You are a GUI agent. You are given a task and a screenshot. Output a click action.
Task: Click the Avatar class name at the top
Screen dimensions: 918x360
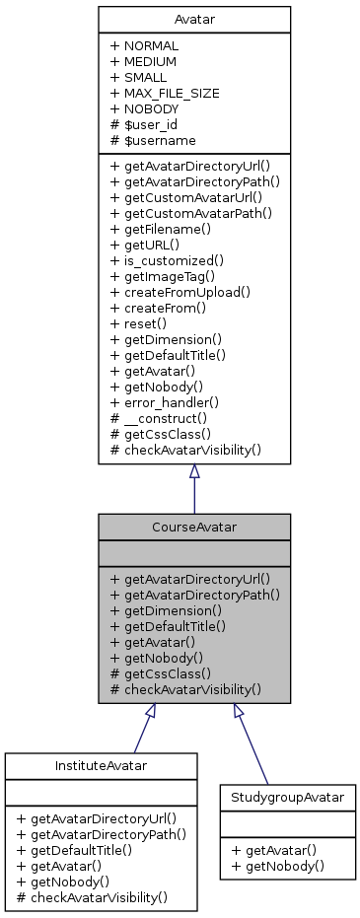point(193,20)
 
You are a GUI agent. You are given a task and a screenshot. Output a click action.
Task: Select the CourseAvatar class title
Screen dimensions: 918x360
point(193,527)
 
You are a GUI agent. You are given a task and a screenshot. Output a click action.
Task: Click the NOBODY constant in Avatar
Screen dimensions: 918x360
point(151,108)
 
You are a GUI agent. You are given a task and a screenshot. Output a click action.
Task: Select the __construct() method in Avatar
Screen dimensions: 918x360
point(166,418)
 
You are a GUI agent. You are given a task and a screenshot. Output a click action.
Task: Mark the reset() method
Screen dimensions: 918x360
point(145,323)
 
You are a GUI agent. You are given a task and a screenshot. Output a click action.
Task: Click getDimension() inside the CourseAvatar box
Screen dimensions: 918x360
point(169,609)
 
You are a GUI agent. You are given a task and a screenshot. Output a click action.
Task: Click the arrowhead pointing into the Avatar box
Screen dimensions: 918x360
point(193,472)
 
